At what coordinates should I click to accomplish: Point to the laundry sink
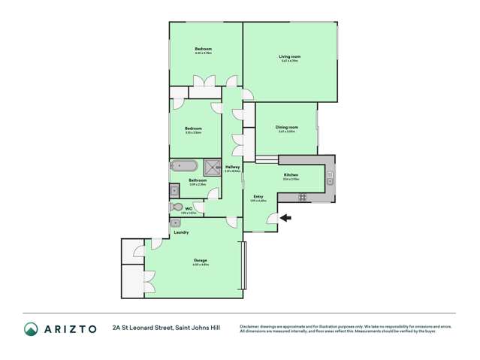[x=176, y=222]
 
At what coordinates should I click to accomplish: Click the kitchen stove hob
[x=303, y=197]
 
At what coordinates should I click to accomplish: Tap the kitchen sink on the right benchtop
[x=330, y=177]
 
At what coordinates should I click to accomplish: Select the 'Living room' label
[x=290, y=56]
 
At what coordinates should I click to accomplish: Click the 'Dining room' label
[x=287, y=127]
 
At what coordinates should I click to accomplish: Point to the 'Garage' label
[x=200, y=260]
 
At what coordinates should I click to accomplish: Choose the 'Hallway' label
[x=233, y=166]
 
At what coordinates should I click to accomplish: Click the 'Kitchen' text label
[x=291, y=174]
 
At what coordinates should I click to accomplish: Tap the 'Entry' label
[x=258, y=196]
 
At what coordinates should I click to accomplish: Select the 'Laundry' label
[x=181, y=232]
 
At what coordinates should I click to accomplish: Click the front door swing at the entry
[x=272, y=218]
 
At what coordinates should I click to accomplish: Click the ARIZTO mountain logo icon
[x=31, y=328]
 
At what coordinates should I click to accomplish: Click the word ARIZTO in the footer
[x=70, y=328]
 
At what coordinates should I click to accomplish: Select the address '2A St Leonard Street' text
[x=142, y=328]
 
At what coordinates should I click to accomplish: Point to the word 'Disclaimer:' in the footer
[x=252, y=325]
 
